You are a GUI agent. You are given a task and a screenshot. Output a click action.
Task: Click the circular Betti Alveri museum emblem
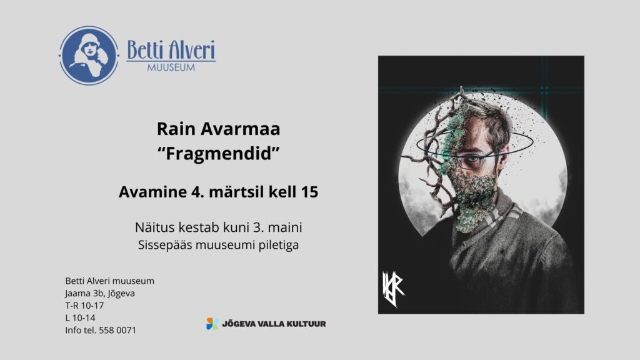(89, 56)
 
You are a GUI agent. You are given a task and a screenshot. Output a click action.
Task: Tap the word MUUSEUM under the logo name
(171, 67)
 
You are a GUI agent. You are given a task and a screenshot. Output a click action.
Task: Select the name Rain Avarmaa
(218, 129)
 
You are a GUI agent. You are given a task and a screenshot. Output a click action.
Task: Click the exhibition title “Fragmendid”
(218, 154)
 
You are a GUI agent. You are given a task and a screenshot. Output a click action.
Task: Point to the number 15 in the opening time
(309, 192)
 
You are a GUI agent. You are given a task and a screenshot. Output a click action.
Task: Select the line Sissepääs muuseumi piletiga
(218, 245)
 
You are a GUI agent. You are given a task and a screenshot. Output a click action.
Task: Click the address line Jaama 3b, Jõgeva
(100, 294)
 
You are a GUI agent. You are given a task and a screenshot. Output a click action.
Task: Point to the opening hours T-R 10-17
(84, 306)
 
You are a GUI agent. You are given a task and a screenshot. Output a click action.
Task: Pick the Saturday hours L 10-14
(81, 318)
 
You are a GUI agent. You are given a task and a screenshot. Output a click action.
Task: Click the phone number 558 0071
(117, 330)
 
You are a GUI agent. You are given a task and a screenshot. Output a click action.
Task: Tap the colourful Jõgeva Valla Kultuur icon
(212, 324)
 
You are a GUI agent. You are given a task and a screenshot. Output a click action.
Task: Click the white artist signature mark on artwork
(393, 289)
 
